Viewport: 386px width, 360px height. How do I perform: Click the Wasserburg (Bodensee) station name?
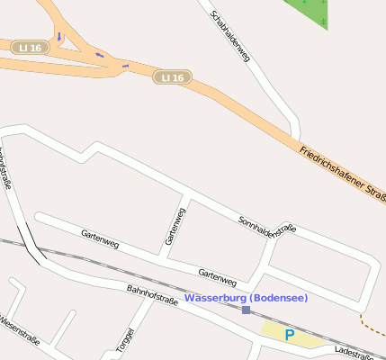click(x=246, y=298)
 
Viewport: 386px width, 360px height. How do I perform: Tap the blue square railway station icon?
click(x=246, y=310)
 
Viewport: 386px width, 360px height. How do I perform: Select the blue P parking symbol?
click(x=289, y=335)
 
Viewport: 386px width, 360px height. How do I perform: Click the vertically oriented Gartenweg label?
click(x=175, y=226)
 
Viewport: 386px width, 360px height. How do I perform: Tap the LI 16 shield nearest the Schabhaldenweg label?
click(x=169, y=77)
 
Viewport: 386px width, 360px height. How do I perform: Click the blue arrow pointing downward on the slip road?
click(x=59, y=37)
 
